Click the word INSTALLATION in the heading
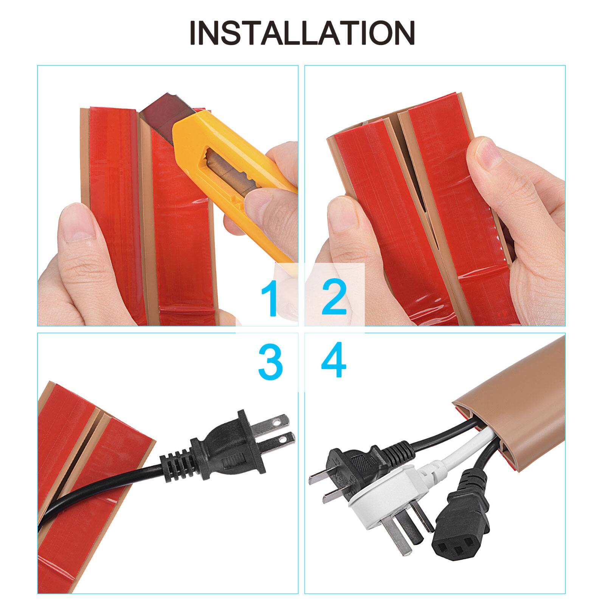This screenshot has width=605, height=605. click(302, 33)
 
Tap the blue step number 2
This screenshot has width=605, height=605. click(334, 299)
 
